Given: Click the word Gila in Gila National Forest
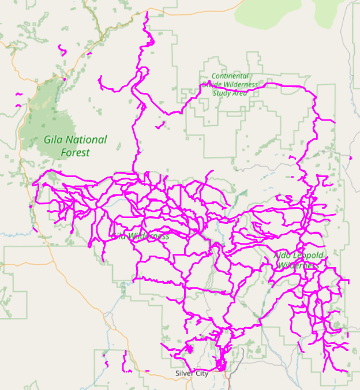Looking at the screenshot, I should (54, 140).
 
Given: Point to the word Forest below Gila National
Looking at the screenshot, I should (76, 153).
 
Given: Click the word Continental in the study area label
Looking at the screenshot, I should (230, 76).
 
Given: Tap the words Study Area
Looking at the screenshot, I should (230, 92).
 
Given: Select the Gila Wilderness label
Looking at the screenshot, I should (141, 236).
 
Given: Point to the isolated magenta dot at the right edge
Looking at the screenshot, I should (350, 157).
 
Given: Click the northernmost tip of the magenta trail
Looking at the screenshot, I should (147, 13).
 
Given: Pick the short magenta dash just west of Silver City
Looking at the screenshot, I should (147, 371).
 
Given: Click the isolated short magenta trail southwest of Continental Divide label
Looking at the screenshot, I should (160, 125).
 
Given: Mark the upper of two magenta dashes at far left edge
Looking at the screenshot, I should (18, 94).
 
